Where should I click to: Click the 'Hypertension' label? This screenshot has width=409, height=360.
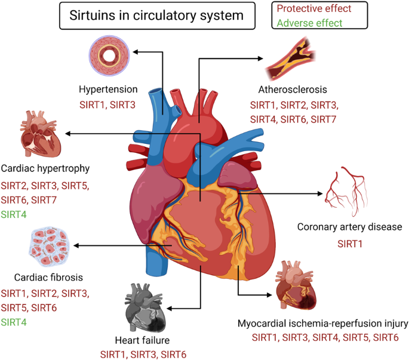[108, 90]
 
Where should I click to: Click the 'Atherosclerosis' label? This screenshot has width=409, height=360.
[293, 90]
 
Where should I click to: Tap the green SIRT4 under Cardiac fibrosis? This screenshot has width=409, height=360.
[14, 322]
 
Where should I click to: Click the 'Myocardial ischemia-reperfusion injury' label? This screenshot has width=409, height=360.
[322, 324]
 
